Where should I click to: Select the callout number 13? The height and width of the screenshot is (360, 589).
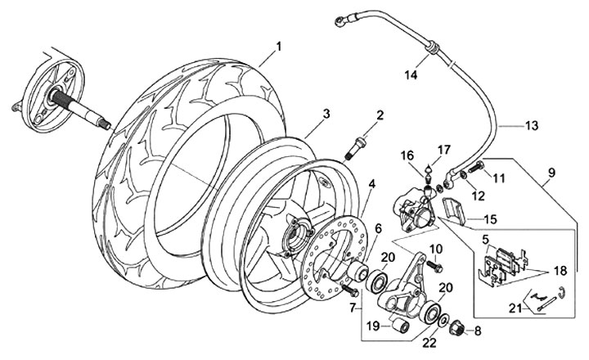532,126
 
